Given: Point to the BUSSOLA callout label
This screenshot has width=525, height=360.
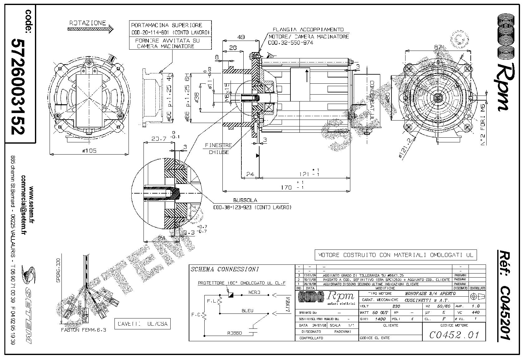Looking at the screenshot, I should pyautogui.click(x=245, y=200).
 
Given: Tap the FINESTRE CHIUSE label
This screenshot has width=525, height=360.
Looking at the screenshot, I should pyautogui.click(x=218, y=149).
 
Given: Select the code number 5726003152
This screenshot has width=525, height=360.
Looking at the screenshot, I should pyautogui.click(x=18, y=86).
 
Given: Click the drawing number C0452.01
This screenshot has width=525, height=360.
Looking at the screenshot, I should pyautogui.click(x=454, y=335).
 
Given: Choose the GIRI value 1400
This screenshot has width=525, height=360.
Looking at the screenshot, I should pyautogui.click(x=380, y=319).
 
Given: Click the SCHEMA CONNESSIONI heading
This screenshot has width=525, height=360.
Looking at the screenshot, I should pyautogui.click(x=225, y=269).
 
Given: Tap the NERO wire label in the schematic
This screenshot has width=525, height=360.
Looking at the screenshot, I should pyautogui.click(x=255, y=293).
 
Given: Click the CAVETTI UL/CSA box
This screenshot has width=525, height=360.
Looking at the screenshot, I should pyautogui.click(x=143, y=324).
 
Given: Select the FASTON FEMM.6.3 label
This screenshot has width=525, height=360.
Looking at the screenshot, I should pyautogui.click(x=84, y=330).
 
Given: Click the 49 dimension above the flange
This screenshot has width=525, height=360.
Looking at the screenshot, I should pyautogui.click(x=241, y=37).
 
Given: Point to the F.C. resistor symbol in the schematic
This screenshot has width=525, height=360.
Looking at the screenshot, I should pyautogui.click(x=205, y=316).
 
